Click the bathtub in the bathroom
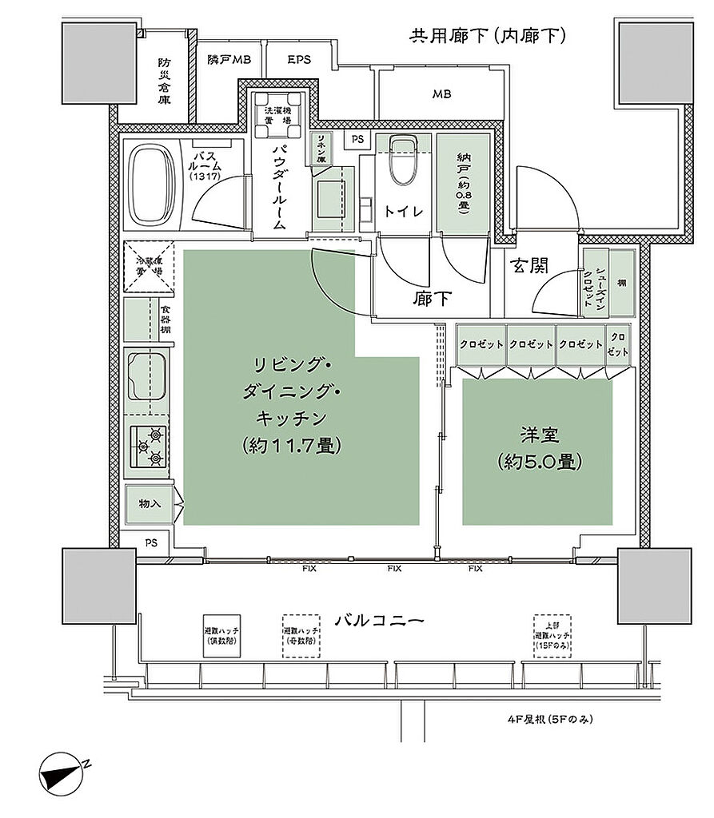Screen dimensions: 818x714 tap(152, 185)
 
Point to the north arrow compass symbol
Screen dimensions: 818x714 tap(64, 772)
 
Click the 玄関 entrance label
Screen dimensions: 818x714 tap(530, 266)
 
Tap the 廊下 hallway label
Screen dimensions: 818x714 tap(432, 299)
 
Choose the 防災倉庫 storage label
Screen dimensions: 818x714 tap(164, 81)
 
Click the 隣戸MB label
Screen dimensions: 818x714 tap(229, 60)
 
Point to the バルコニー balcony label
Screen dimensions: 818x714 tap(377, 619)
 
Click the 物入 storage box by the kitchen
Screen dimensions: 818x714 tap(150, 504)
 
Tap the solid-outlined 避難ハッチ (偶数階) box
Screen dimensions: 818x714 tap(223, 636)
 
